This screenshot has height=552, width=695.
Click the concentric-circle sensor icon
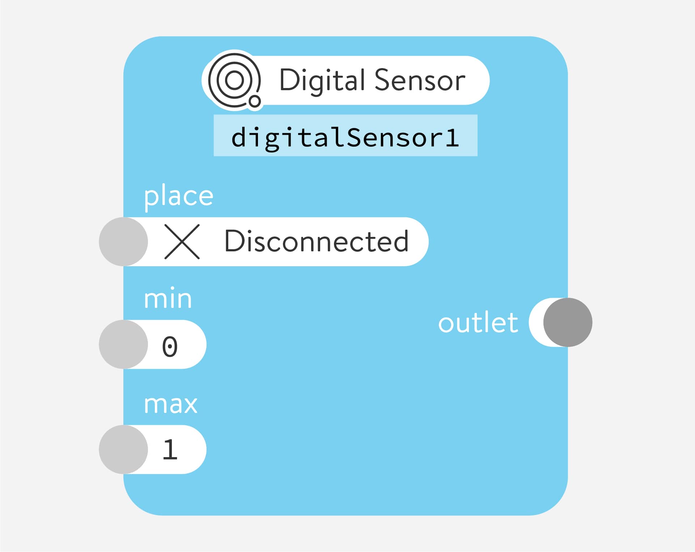[x=234, y=80]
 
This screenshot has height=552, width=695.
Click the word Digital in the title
[x=322, y=80]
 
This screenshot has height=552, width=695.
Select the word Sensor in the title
[x=420, y=80]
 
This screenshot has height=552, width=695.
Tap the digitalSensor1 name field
[x=345, y=137]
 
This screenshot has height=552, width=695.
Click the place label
[x=179, y=196]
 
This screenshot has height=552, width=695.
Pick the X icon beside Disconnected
[x=182, y=242]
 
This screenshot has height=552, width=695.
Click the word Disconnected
[x=317, y=242]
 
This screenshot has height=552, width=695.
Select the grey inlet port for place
[x=123, y=242]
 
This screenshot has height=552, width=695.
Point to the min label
[x=168, y=299]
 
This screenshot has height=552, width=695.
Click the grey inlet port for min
[x=123, y=344]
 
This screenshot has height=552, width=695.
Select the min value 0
[x=170, y=347]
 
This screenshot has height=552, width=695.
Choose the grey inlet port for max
[x=123, y=449]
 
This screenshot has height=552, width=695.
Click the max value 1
[x=170, y=450]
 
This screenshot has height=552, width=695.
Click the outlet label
[x=478, y=323]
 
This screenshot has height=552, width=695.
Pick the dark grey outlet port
[x=568, y=322]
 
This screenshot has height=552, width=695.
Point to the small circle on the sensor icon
[x=255, y=101]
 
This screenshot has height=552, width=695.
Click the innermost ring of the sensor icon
[x=234, y=80]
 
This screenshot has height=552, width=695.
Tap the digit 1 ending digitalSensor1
[x=452, y=138]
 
